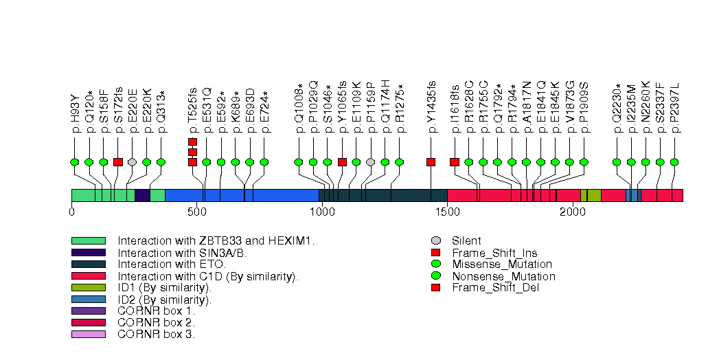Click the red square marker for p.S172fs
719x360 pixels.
[x=117, y=162]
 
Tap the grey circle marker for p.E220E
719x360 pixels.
[x=132, y=162]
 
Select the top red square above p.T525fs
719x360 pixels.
[x=192, y=142]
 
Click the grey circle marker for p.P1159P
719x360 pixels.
[x=371, y=162]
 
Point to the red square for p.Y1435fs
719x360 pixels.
[x=431, y=162]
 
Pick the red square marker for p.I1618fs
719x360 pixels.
[x=455, y=162]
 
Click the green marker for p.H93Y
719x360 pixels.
[x=75, y=162]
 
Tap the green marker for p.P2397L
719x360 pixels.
[x=674, y=162]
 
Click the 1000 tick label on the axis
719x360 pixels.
[x=322, y=212]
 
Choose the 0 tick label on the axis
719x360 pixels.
[x=71, y=212]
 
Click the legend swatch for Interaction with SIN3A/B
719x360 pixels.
[x=88, y=252]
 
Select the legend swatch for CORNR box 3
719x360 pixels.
[x=88, y=335]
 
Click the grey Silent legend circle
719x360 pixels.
[x=435, y=241]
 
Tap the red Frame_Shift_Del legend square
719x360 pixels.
[x=435, y=288]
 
